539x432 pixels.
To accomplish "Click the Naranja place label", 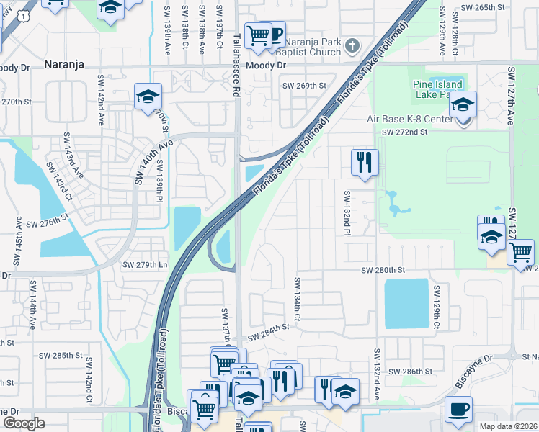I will tap(64, 64).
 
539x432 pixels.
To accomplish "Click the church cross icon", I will tap(352, 47).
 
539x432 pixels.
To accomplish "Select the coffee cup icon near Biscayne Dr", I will tap(458, 410).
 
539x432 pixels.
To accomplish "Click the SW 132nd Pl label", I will tap(347, 211).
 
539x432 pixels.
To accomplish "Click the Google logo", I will tap(24, 423).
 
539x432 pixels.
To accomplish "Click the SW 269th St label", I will tap(303, 86).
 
